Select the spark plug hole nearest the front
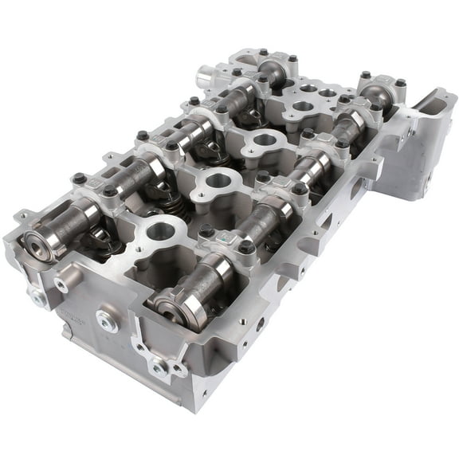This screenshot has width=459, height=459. pos(162,233)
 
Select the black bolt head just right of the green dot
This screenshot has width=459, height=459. pos(247,246)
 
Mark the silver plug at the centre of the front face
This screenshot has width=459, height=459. pos(106,320)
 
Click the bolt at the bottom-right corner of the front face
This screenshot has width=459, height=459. pos(160,367)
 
